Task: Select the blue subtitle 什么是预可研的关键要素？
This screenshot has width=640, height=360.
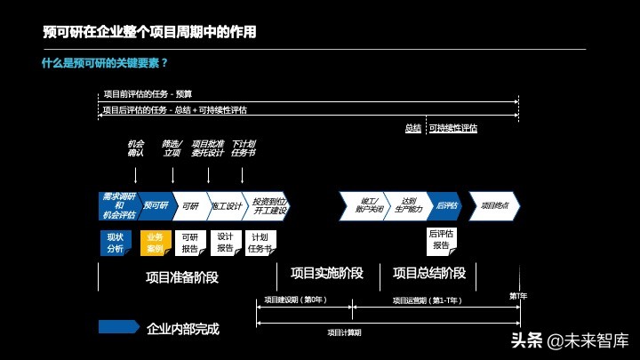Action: (x=105, y=63)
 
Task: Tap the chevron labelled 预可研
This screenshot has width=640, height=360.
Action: (x=156, y=205)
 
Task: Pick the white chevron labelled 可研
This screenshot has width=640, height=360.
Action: (x=190, y=205)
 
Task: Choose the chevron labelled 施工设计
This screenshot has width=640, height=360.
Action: (x=226, y=205)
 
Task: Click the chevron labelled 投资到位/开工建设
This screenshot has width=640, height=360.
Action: (x=267, y=205)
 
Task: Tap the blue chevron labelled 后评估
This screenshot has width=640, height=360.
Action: (x=446, y=205)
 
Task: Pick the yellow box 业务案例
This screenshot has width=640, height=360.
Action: (x=155, y=243)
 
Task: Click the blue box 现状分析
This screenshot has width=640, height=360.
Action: (x=116, y=243)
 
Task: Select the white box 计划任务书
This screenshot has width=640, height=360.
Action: (x=260, y=243)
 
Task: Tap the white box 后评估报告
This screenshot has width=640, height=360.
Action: (x=442, y=239)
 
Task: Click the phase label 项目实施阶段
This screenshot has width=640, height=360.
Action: (x=326, y=273)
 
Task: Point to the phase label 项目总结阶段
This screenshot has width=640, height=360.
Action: (x=428, y=273)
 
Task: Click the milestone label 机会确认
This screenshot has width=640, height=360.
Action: (x=135, y=148)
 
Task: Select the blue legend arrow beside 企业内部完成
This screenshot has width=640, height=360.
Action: (x=118, y=327)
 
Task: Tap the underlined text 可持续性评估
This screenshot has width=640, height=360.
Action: (x=453, y=128)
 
